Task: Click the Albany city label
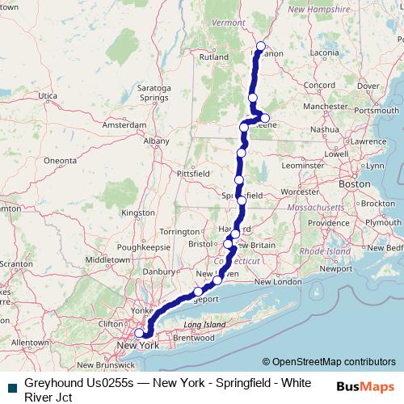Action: click(x=156, y=141)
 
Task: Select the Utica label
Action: click(x=48, y=96)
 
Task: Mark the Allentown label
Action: click(x=31, y=343)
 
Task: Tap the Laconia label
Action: click(x=325, y=53)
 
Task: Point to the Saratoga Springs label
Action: click(x=153, y=91)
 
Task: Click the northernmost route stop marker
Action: click(x=260, y=46)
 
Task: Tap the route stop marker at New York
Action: click(x=139, y=332)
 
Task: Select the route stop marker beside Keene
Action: click(x=264, y=119)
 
